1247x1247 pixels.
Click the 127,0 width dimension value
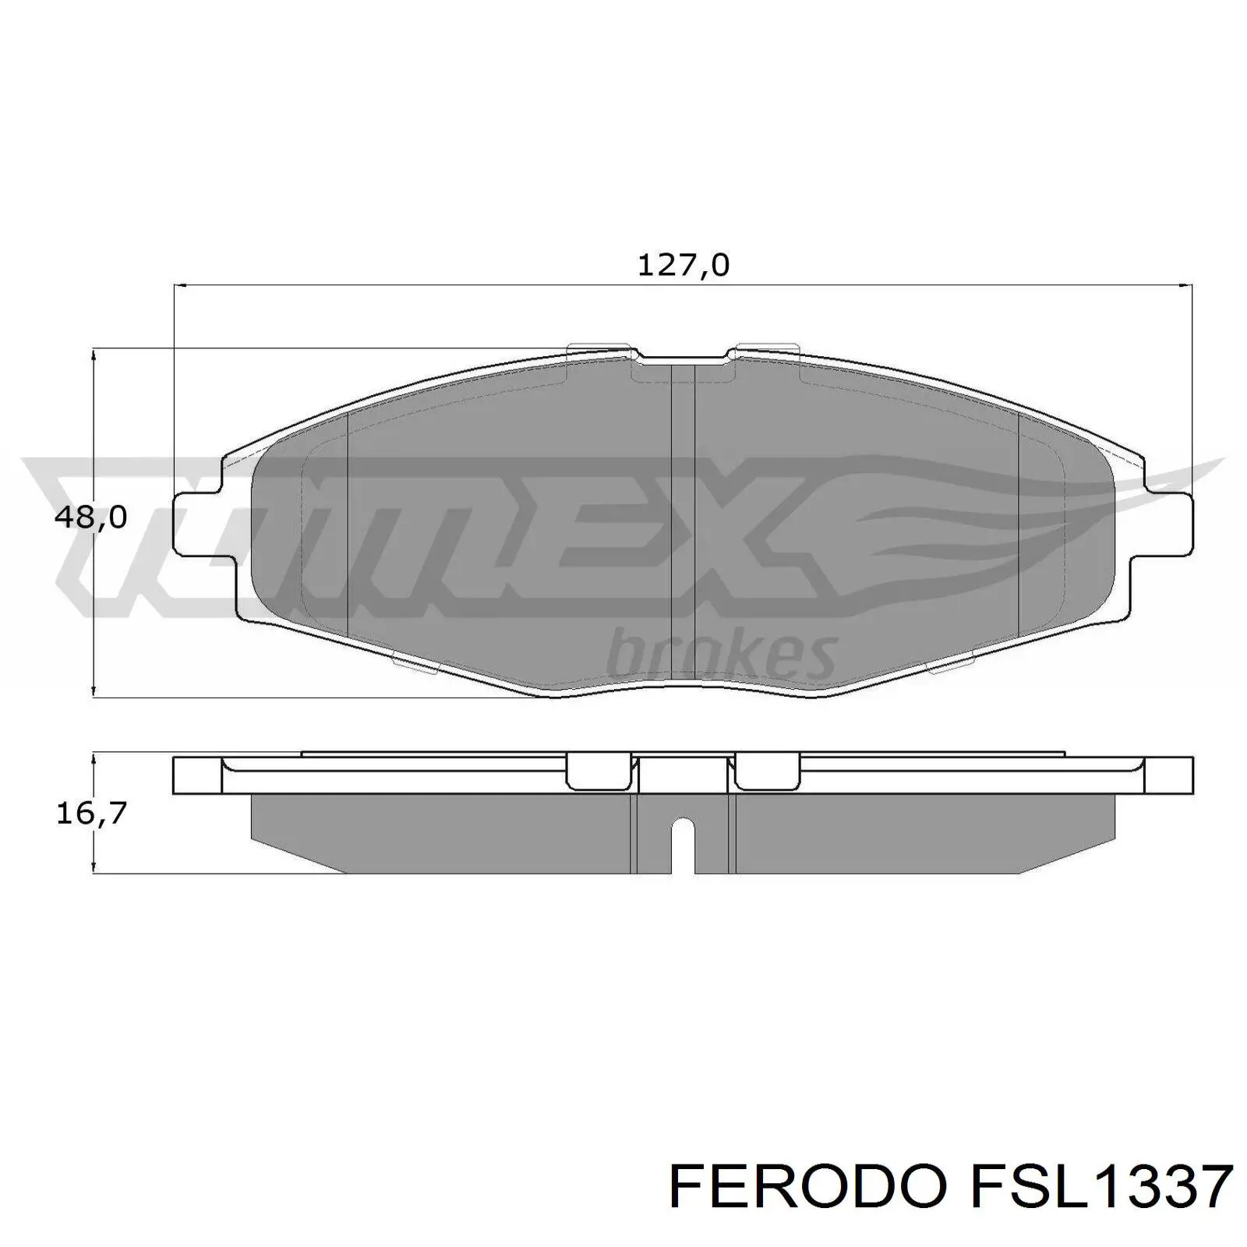coord(684,267)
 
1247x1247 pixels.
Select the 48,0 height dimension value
coord(90,517)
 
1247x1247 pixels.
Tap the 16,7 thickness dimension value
coord(90,813)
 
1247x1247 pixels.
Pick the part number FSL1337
coord(1099,1188)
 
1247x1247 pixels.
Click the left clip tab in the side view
coord(597,772)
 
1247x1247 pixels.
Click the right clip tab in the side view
coord(767,772)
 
